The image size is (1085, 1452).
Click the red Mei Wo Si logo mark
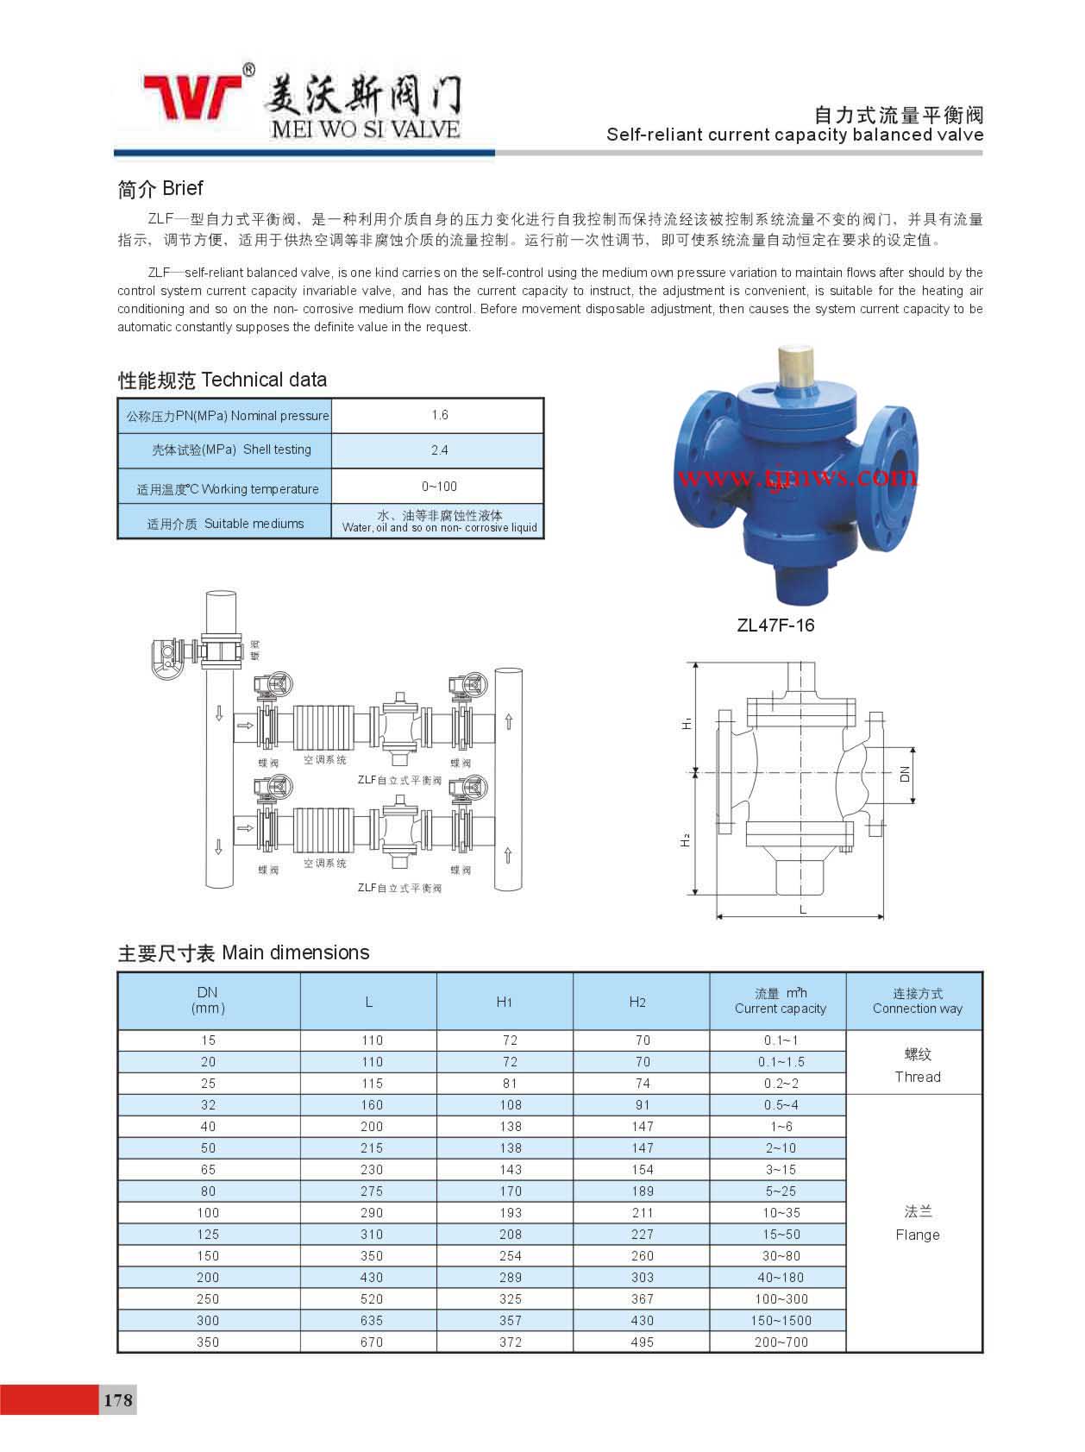[191, 97]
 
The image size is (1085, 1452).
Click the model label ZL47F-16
[775, 625]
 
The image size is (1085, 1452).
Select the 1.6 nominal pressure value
[439, 415]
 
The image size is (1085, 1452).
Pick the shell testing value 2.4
[439, 450]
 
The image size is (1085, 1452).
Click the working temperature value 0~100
[439, 487]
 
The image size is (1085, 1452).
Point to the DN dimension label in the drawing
[905, 775]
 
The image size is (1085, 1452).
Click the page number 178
[118, 1399]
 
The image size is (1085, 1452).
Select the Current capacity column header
[780, 1001]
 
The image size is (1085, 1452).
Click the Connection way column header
[917, 1001]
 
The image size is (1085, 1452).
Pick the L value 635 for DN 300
[372, 1320]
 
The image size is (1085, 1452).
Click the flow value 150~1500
[781, 1320]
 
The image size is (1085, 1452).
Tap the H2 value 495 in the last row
[642, 1342]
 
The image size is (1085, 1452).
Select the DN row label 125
[208, 1234]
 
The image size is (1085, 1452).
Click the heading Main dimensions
[243, 952]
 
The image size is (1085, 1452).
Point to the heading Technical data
[223, 380]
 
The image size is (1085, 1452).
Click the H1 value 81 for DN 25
[510, 1083]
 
